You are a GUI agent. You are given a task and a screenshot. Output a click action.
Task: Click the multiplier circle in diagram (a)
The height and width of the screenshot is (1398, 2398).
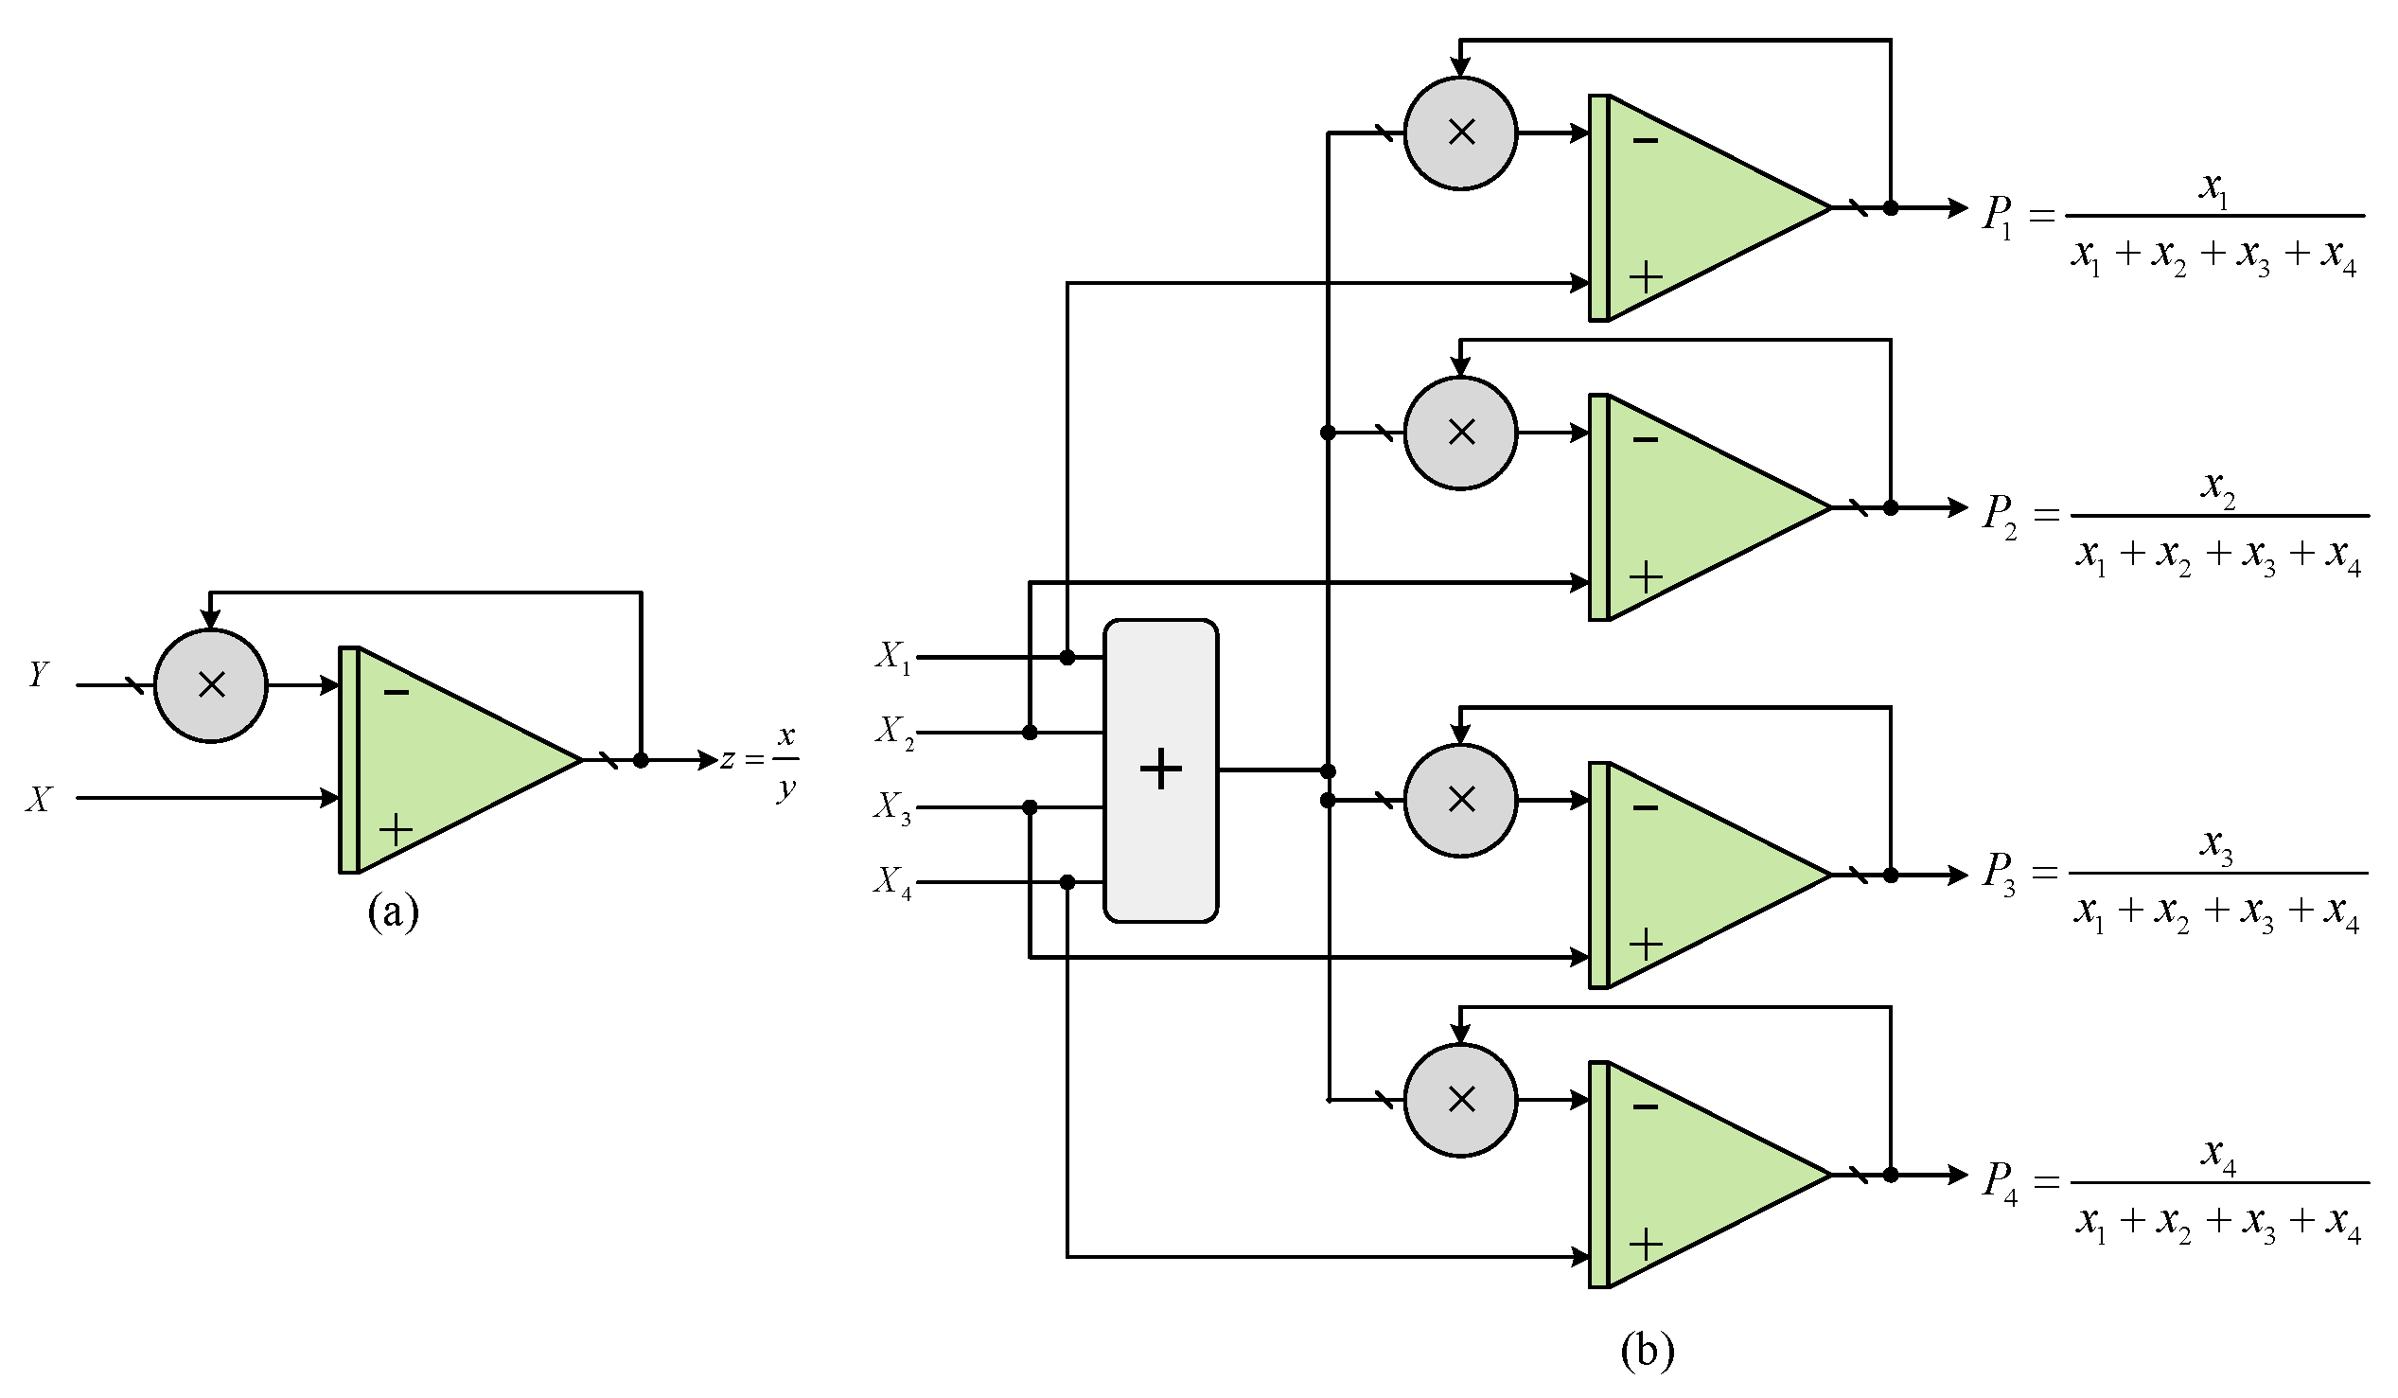[210, 685]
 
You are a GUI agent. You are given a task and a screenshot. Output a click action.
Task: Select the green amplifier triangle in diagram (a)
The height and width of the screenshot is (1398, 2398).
[448, 759]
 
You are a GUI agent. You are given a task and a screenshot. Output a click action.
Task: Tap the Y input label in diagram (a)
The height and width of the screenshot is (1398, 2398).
[38, 674]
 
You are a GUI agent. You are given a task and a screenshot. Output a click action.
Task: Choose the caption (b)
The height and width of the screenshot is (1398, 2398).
[1647, 1350]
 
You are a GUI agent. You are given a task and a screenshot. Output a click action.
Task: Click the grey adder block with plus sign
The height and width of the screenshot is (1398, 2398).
[1160, 770]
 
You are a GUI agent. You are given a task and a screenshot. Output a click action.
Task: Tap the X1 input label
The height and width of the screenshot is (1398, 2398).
[892, 657]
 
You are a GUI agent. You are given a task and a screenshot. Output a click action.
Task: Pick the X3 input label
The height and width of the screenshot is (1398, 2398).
[892, 808]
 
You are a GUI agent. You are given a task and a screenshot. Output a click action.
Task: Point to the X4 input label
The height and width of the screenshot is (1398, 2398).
[892, 882]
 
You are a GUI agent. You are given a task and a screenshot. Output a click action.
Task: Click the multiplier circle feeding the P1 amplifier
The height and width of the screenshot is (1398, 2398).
[1461, 133]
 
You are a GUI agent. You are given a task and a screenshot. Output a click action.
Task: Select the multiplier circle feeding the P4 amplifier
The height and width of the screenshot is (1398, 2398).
[1461, 1100]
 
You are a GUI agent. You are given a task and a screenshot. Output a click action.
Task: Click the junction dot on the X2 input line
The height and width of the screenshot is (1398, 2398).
[1030, 732]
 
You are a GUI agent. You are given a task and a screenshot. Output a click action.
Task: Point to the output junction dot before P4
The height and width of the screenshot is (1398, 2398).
[1890, 1176]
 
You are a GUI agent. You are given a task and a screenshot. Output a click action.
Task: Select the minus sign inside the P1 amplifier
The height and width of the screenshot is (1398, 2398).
[1646, 141]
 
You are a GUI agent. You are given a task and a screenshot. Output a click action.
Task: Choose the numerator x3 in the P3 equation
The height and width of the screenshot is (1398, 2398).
[2216, 845]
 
